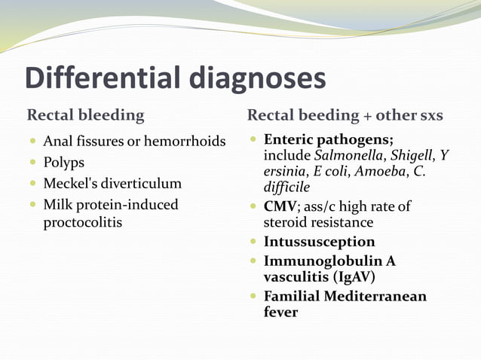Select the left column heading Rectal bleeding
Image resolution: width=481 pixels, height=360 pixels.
[x=85, y=115]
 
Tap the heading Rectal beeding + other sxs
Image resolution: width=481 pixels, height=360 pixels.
[x=345, y=115]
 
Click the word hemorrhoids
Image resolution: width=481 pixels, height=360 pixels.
[x=188, y=142]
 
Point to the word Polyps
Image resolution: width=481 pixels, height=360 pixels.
[x=63, y=163]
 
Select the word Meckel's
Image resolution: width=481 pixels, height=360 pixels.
[x=71, y=184]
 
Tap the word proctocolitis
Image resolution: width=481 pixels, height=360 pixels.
[x=83, y=224]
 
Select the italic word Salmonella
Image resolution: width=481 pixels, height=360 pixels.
[x=351, y=155]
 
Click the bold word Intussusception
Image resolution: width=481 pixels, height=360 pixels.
[x=319, y=242]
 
